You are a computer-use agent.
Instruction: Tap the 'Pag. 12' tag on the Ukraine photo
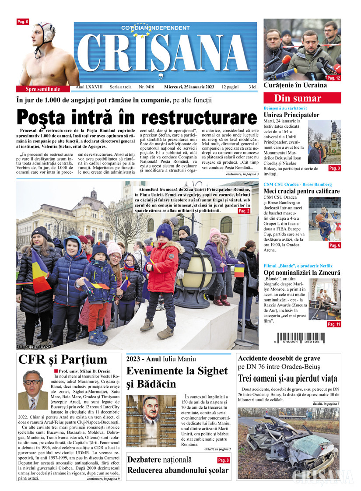point(333,78)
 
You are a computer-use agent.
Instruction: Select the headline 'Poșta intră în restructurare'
point(137,118)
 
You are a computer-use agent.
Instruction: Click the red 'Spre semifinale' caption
point(43,89)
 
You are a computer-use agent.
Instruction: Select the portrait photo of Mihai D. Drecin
point(33,390)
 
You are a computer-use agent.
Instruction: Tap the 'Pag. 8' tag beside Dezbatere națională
point(223,460)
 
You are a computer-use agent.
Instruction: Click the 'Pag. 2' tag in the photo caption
point(244,211)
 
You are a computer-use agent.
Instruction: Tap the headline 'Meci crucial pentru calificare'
point(301,191)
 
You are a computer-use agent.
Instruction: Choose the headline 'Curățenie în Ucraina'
point(295,85)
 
